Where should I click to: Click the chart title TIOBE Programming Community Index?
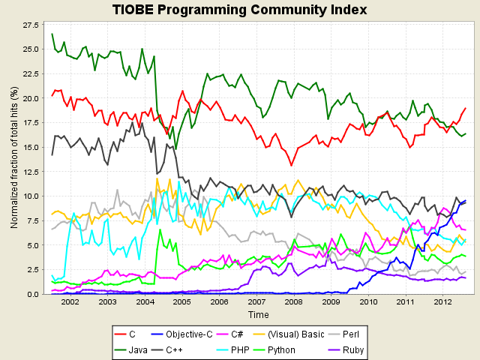pyautogui.click(x=239, y=10)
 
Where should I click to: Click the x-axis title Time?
pyautogui.click(x=258, y=314)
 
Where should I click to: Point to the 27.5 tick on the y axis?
pyautogui.click(x=32, y=25)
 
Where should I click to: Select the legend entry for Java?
pyautogui.click(x=133, y=349)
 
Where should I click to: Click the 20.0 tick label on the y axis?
pyautogui.click(x=32, y=98)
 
